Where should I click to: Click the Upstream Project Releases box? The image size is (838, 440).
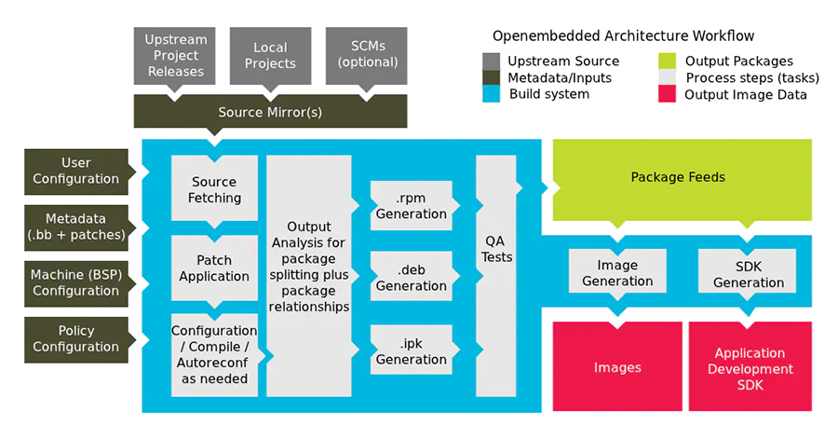pos(175,55)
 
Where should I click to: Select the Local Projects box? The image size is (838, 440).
pos(270,55)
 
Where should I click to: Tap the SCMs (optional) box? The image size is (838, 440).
pos(367,55)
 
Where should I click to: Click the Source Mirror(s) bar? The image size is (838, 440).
pos(270,112)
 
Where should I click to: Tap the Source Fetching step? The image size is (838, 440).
pos(214,189)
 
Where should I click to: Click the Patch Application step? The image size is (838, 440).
pos(214,268)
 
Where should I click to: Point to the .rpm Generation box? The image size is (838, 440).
pos(411,206)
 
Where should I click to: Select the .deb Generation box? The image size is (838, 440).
pos(411,278)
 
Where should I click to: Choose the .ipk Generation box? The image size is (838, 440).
pos(411,351)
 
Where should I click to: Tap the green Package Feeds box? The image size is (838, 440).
pos(677,177)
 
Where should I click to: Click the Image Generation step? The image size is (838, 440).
pos(617,273)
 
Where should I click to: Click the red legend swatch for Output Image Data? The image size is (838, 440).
pos(668,94)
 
